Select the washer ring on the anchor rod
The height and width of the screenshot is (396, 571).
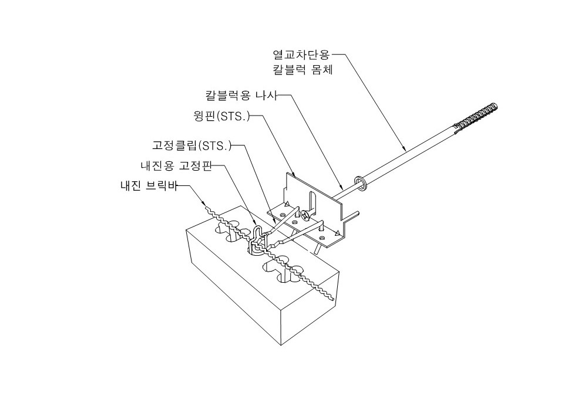tap(360, 184)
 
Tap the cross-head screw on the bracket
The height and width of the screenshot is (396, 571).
tap(306, 216)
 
